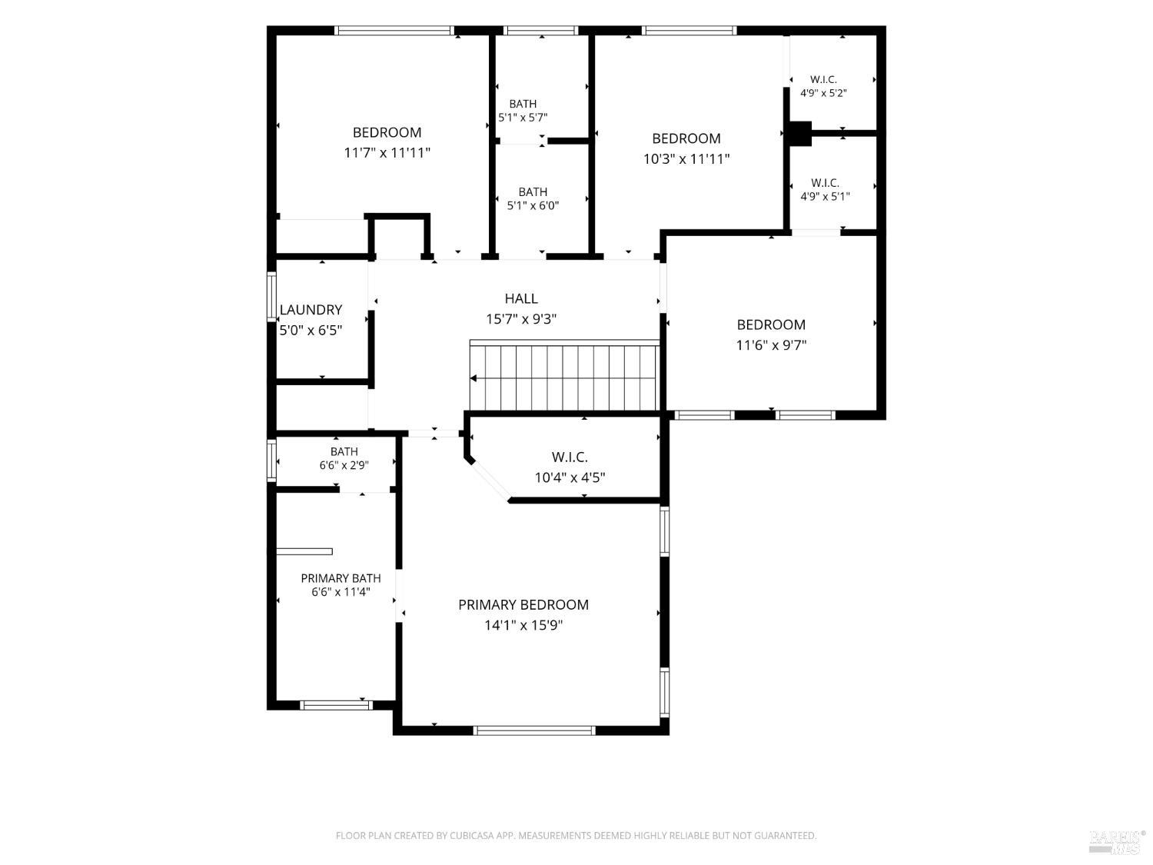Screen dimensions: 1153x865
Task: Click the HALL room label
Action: [521, 299]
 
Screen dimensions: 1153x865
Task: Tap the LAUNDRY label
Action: [311, 310]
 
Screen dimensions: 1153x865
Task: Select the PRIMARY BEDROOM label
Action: [523, 605]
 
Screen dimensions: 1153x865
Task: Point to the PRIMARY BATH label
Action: [341, 578]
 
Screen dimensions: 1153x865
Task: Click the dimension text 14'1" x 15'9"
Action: [523, 625]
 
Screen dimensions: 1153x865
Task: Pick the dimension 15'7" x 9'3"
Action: [521, 319]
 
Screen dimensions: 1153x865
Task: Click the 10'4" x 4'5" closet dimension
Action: [570, 477]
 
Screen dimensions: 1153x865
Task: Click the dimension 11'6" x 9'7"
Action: [771, 345]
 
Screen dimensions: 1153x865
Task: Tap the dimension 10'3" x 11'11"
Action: [686, 158]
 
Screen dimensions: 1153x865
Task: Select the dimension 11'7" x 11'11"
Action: [387, 153]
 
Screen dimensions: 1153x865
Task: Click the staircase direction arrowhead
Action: [473, 378]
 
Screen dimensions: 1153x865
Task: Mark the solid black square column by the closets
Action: [799, 133]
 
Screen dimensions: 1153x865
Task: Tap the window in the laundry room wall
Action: [271, 296]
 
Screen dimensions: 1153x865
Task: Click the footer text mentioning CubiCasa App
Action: [576, 836]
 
